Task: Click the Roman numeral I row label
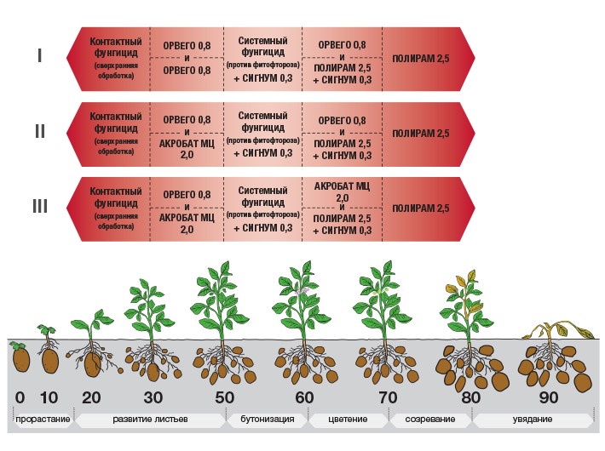pyautogui.click(x=39, y=56)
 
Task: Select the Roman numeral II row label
pyautogui.click(x=40, y=131)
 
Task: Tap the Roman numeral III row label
pyautogui.click(x=40, y=206)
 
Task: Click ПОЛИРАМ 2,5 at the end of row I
pyautogui.click(x=421, y=59)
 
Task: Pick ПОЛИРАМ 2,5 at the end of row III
pyautogui.click(x=421, y=208)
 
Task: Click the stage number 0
pyautogui.click(x=20, y=397)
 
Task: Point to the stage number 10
pyautogui.click(x=49, y=397)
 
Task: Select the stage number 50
pyautogui.click(x=224, y=397)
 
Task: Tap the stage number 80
pyautogui.click(x=470, y=397)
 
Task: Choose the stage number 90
pyautogui.click(x=548, y=397)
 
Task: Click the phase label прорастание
pyautogui.click(x=43, y=420)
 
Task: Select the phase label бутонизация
pyautogui.click(x=268, y=419)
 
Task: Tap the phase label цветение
pyautogui.click(x=348, y=419)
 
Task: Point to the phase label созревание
pyautogui.click(x=429, y=419)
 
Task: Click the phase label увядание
pyautogui.click(x=533, y=419)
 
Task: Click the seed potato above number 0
pyautogui.click(x=21, y=358)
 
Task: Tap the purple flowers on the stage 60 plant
pyautogui.click(x=302, y=290)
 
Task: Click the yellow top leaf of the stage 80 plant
pyautogui.click(x=471, y=277)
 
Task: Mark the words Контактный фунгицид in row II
pyautogui.click(x=116, y=123)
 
